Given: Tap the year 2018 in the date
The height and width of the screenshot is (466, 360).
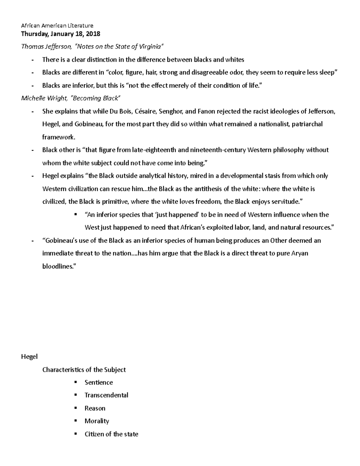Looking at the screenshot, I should (93, 34).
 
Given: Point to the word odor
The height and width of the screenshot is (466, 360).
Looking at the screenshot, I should (238, 72).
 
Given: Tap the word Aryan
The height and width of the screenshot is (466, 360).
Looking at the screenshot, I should (299, 253).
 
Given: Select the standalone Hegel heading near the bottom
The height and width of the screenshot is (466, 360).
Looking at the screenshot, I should (29, 357).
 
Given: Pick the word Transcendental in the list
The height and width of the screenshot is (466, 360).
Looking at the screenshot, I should (106, 395).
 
